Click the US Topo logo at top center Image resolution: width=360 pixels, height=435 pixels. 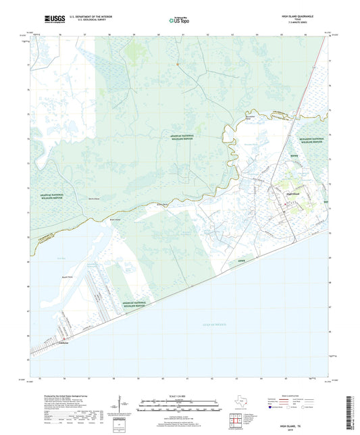coord(178,21)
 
